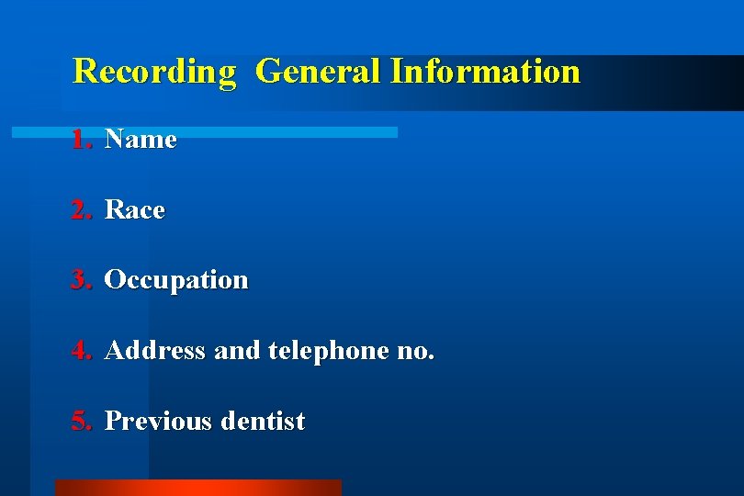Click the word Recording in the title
(x=154, y=72)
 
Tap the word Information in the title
(x=485, y=72)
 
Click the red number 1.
(x=83, y=140)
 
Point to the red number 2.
(x=83, y=210)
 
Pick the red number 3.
(x=83, y=280)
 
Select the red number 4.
(x=83, y=351)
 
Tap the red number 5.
(x=83, y=422)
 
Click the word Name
(x=141, y=140)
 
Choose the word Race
(x=135, y=210)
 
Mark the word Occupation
(x=176, y=280)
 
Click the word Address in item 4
(x=155, y=351)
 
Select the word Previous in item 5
(x=158, y=422)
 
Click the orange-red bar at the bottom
(x=197, y=488)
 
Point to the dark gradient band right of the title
(x=661, y=83)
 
